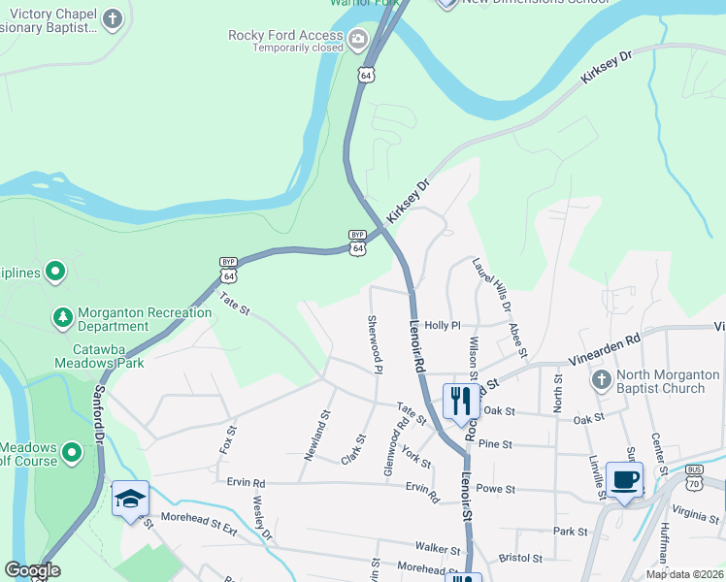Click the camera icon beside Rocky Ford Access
358,40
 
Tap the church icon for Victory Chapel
114,19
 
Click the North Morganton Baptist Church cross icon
601,380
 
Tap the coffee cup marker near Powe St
624,478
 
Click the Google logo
32,570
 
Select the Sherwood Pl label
373,343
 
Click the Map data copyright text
683,574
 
